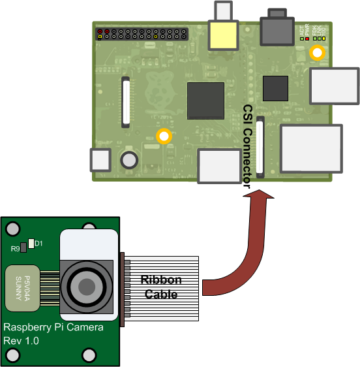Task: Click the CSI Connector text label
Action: pyautogui.click(x=247, y=146)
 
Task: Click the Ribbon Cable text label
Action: pyautogui.click(x=161, y=287)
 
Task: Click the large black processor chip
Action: pyautogui.click(x=205, y=101)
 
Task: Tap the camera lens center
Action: pyautogui.click(x=85, y=285)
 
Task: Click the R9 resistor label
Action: pyautogui.click(x=14, y=248)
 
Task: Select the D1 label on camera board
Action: pyautogui.click(x=38, y=244)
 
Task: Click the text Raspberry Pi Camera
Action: pyautogui.click(x=53, y=327)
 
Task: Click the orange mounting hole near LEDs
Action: pyautogui.click(x=318, y=53)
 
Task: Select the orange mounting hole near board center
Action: pyautogui.click(x=164, y=136)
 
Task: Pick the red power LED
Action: pyautogui.click(x=307, y=39)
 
